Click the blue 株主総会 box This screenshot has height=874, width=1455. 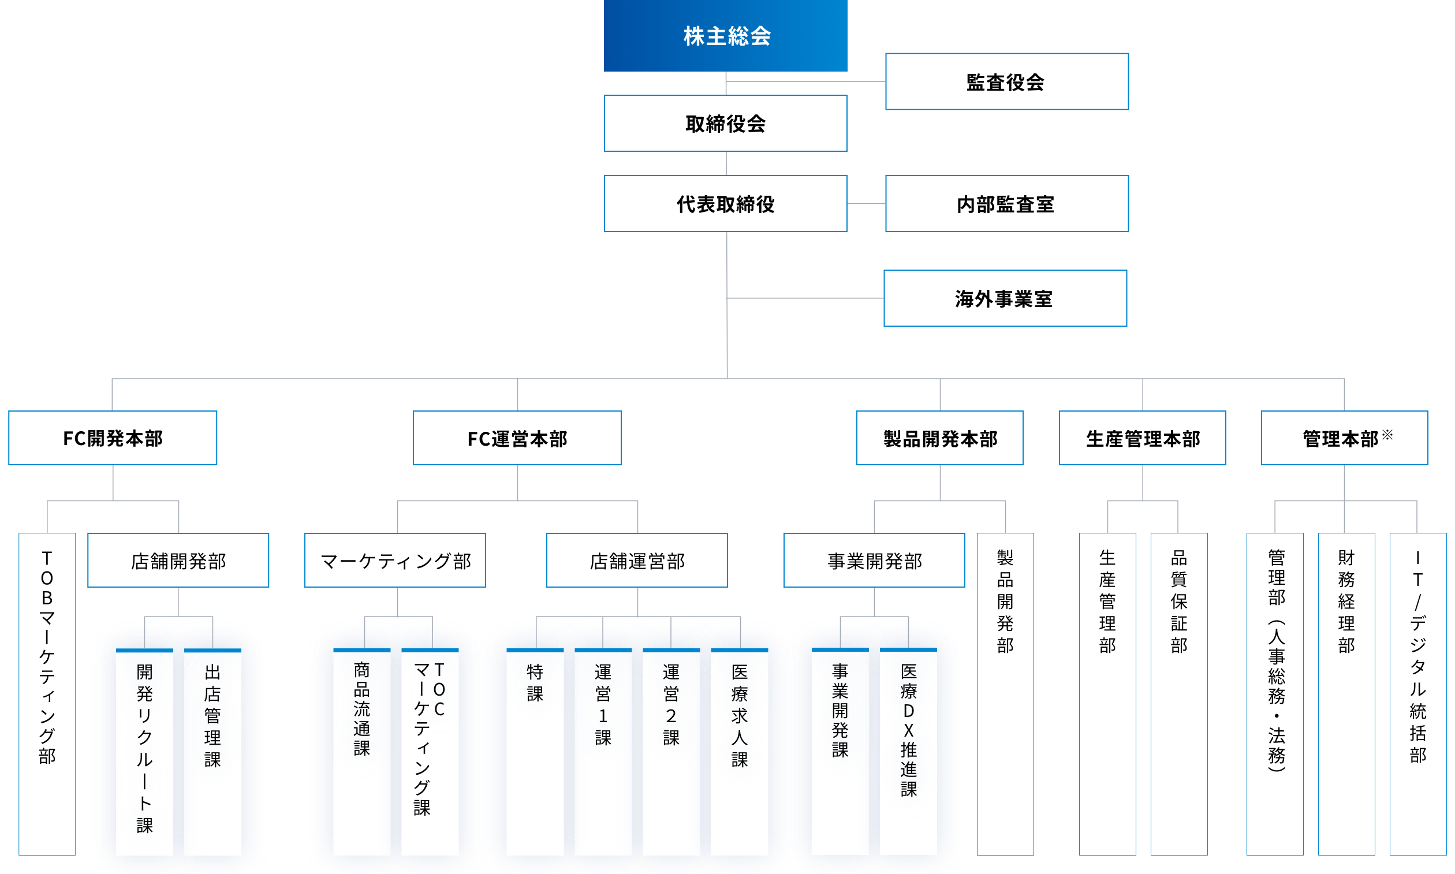pyautogui.click(x=725, y=35)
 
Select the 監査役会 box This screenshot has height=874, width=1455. pyautogui.click(x=1006, y=82)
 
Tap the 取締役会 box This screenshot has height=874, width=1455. pyautogui.click(x=725, y=124)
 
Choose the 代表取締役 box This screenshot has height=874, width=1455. pyautogui.click(x=725, y=204)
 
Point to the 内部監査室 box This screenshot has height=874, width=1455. pyautogui.click(x=1006, y=204)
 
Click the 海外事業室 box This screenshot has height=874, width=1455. pyautogui.click(x=1005, y=298)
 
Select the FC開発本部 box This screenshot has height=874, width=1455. pyautogui.click(x=113, y=438)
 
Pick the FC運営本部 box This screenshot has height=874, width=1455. pyautogui.click(x=517, y=438)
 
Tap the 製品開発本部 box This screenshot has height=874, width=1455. pyautogui.click(x=939, y=438)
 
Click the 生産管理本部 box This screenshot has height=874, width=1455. pyautogui.click(x=1142, y=438)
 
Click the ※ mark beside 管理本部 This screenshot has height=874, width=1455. pyautogui.click(x=1387, y=435)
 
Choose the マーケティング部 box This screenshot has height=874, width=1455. pyautogui.click(x=395, y=561)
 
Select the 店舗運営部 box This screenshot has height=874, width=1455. pyautogui.click(x=637, y=561)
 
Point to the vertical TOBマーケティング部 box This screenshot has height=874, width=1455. pyautogui.click(x=47, y=693)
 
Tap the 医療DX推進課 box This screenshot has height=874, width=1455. pyautogui.click(x=908, y=751)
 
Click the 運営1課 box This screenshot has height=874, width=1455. pyautogui.click(x=603, y=751)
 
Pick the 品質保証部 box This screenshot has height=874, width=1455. pyautogui.click(x=1179, y=693)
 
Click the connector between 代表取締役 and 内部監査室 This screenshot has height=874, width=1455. pyautogui.click(x=866, y=204)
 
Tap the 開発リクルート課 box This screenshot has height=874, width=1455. pyautogui.click(x=144, y=751)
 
